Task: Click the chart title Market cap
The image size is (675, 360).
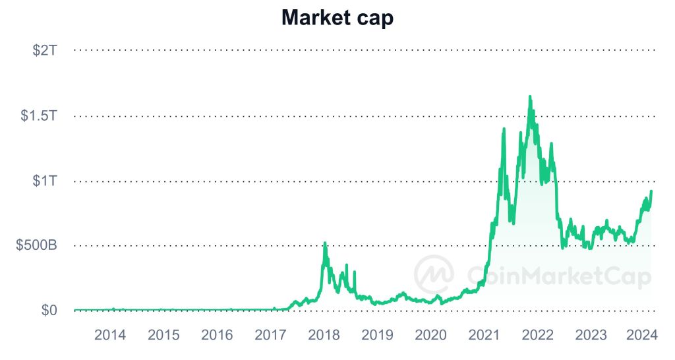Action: [x=337, y=18]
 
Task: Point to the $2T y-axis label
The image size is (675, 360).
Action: [x=45, y=50]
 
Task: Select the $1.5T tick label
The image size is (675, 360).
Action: [x=39, y=116]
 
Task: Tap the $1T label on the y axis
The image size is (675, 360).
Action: [x=45, y=181]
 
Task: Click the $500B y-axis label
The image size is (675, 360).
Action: [x=37, y=245]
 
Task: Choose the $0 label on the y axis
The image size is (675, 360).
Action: [x=48, y=310]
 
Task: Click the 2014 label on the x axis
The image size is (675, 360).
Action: [x=110, y=335]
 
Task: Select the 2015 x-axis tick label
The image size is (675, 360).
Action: [x=163, y=335]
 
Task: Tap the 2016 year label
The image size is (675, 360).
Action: [x=217, y=335]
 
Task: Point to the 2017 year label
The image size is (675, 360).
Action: [x=270, y=335]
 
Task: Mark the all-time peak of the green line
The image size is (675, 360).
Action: [x=529, y=96]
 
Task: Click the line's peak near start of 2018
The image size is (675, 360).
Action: [x=324, y=243]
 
